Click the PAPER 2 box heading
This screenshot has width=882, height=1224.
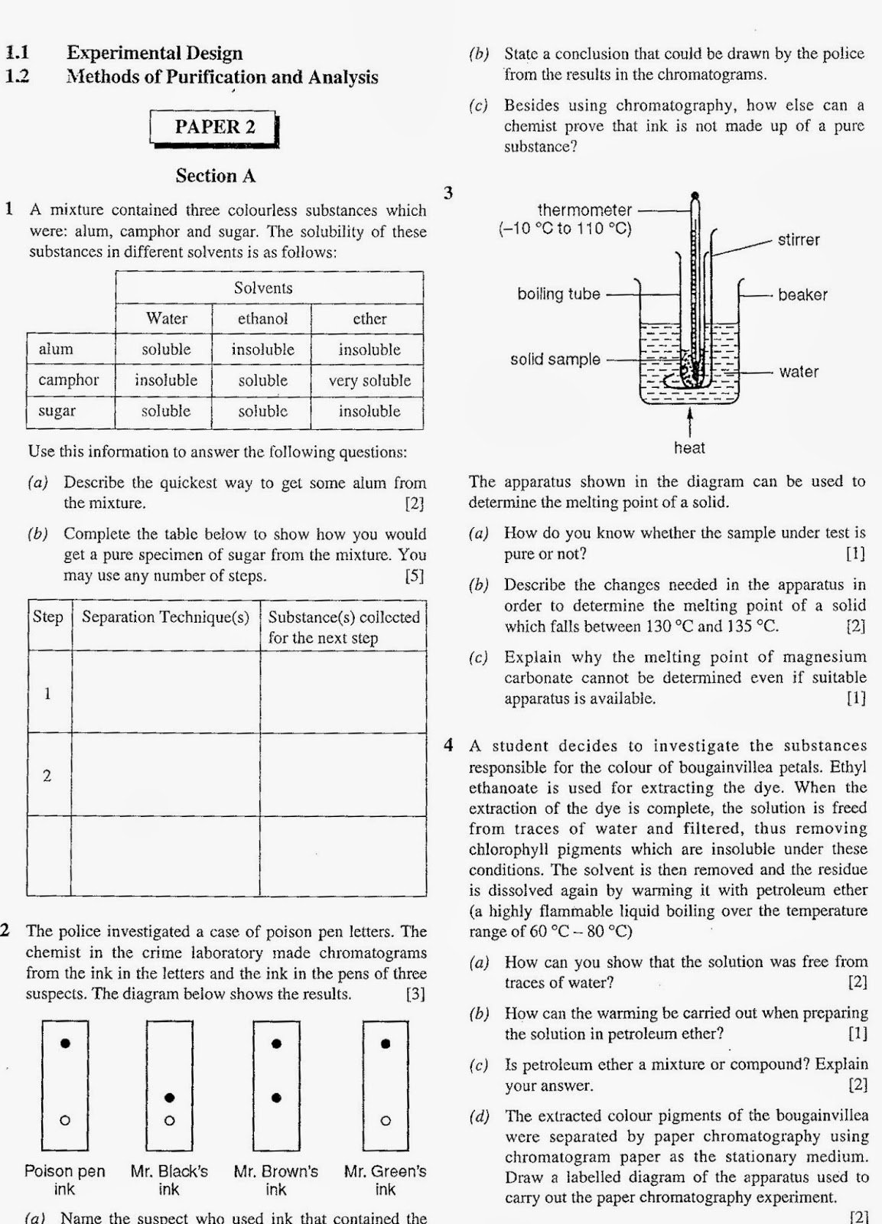tap(214, 127)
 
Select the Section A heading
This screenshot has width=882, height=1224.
tap(215, 176)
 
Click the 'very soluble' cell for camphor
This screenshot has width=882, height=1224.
tap(369, 380)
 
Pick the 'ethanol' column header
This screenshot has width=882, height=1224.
tap(262, 319)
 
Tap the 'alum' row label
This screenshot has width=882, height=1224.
tap(56, 350)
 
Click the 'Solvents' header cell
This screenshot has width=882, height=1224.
tap(262, 288)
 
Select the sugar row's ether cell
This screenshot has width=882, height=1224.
tap(369, 411)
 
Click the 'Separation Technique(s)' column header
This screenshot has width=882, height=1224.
tap(165, 617)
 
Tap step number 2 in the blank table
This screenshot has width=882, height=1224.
tap(47, 776)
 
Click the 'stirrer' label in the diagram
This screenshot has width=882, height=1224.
tap(798, 240)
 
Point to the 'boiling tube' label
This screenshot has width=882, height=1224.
tap(558, 294)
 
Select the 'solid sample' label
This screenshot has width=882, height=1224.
tap(555, 359)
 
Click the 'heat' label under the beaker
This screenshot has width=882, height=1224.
tap(689, 448)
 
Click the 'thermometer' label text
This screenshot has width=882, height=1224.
tap(584, 210)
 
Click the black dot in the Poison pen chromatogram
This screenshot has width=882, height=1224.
tap(66, 1043)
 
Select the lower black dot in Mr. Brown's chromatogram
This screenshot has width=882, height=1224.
tap(277, 1098)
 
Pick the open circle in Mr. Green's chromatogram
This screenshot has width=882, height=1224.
tap(386, 1121)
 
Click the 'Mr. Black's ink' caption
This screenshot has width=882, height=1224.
tap(169, 1180)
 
